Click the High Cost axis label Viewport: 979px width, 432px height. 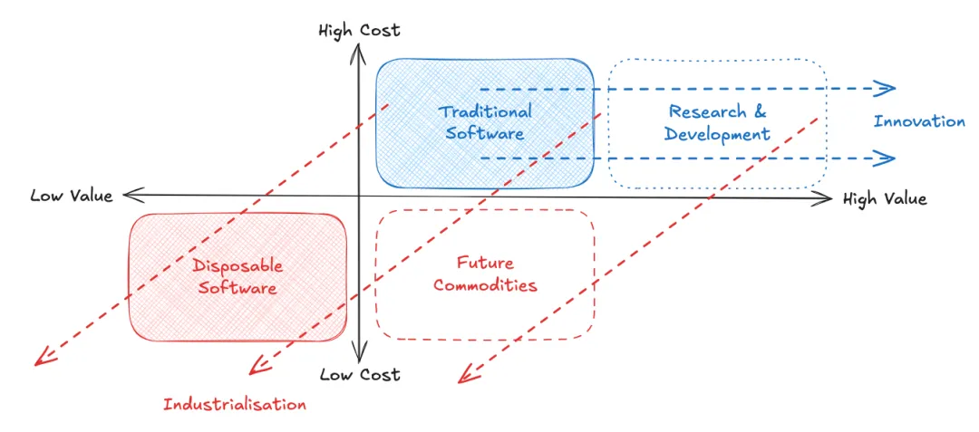click(359, 31)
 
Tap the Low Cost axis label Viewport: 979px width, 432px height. click(360, 374)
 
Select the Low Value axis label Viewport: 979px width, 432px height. click(72, 195)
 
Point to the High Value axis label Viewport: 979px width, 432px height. click(885, 198)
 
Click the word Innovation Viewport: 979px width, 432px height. click(919, 121)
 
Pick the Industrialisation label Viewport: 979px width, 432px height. click(235, 404)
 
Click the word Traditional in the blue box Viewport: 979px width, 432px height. click(485, 112)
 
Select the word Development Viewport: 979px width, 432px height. click(716, 134)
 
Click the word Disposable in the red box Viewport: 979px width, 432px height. click(237, 266)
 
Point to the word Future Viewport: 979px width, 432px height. click(485, 264)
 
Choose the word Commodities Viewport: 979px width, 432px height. click(485, 285)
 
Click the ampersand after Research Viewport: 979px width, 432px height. click(759, 112)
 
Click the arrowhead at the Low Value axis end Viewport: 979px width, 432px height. click(128, 193)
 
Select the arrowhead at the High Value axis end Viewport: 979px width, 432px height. click(825, 197)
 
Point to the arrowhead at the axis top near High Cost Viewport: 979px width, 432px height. click(360, 50)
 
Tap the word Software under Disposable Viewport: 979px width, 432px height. click(237, 288)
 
